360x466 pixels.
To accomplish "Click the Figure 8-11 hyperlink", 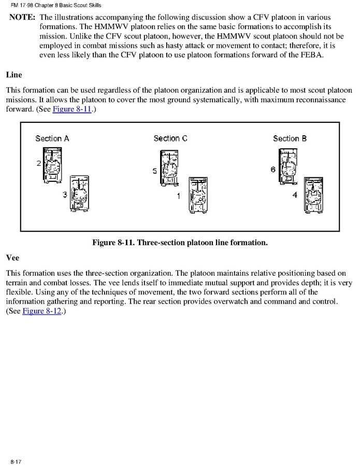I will pyautogui.click(x=72, y=110).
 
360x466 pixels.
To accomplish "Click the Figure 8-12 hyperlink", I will pyautogui.click(x=42, y=312).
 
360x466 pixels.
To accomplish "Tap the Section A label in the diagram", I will pyautogui.click(x=52, y=138).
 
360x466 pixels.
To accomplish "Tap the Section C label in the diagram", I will pyautogui.click(x=170, y=138).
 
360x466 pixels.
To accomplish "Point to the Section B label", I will pyautogui.click(x=290, y=138).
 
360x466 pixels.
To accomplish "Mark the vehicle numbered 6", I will pyautogui.click(x=288, y=166).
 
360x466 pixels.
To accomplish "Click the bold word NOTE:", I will pyautogui.click(x=22, y=17).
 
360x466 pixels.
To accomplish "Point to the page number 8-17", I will pyautogui.click(x=15, y=461).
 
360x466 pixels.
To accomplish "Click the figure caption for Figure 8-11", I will pyautogui.click(x=180, y=242).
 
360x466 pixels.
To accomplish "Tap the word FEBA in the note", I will pyautogui.click(x=310, y=55).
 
